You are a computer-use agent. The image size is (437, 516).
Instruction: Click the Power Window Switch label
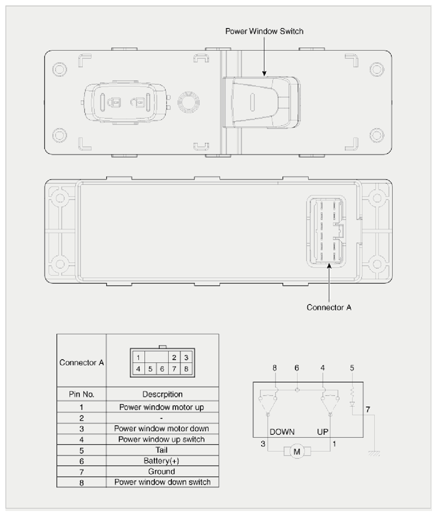point(264,31)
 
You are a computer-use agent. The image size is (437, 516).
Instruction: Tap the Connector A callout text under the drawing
point(329,307)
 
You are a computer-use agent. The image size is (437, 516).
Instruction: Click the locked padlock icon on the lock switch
point(115,102)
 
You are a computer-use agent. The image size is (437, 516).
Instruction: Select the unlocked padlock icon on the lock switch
point(138,102)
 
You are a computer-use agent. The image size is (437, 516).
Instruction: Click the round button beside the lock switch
point(189,102)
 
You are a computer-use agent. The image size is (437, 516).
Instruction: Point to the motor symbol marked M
point(297,452)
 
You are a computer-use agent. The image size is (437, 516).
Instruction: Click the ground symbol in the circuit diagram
point(374,454)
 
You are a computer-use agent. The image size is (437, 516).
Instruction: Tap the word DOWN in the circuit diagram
point(282,432)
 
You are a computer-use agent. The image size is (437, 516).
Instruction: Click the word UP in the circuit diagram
point(322,432)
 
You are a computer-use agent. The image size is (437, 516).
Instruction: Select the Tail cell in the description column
point(161,450)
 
